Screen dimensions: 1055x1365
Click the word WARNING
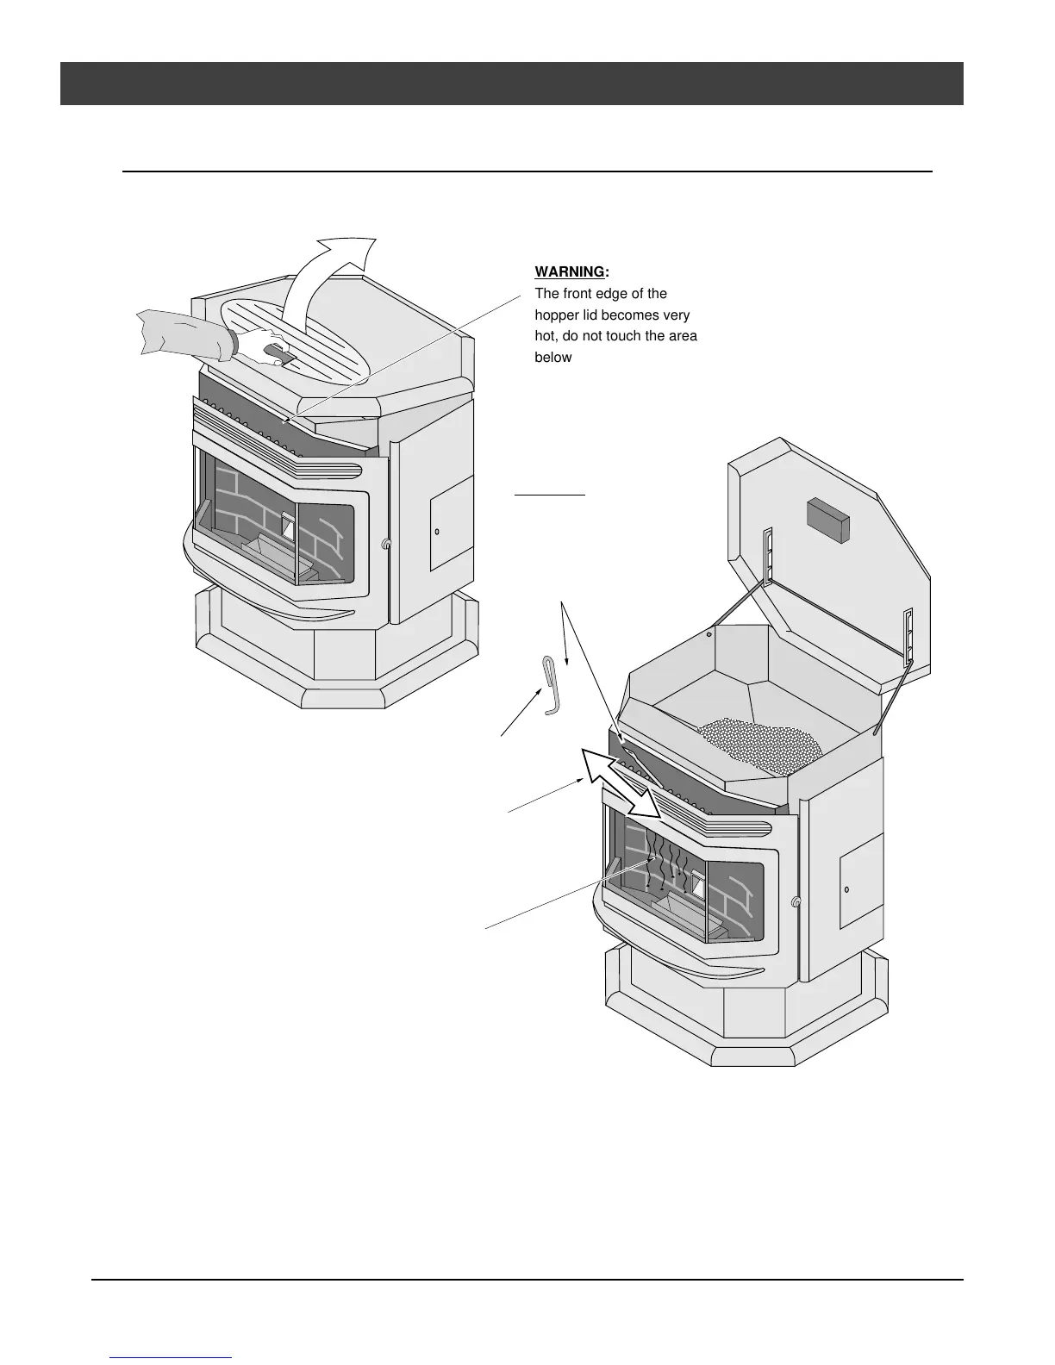pyautogui.click(x=571, y=272)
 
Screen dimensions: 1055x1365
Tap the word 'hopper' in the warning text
pyautogui.click(x=558, y=315)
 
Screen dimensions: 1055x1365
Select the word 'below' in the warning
pyautogui.click(x=553, y=357)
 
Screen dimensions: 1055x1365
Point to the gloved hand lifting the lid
pyautogui.click(x=259, y=345)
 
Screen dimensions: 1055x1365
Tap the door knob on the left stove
pyautogui.click(x=385, y=544)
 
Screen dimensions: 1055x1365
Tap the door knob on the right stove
pyautogui.click(x=795, y=902)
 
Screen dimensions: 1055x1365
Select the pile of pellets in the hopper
pyautogui.click(x=758, y=742)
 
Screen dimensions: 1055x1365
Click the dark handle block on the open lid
pyautogui.click(x=827, y=519)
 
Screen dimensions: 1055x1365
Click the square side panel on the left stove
pyautogui.click(x=451, y=524)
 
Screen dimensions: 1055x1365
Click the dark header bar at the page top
pyautogui.click(x=511, y=84)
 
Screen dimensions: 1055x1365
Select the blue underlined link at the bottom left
pyautogui.click(x=171, y=1358)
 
